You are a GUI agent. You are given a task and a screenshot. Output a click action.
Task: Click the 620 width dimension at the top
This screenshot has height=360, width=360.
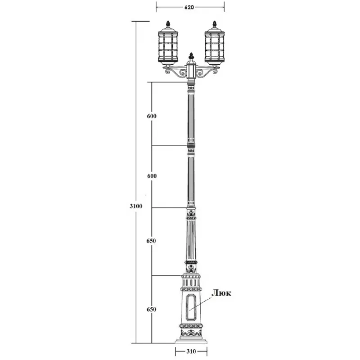coord(189,7)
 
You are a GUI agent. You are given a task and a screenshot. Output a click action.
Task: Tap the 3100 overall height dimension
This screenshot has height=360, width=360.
coord(136,206)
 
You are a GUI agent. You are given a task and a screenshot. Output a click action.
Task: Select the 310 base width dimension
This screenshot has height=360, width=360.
coord(191,351)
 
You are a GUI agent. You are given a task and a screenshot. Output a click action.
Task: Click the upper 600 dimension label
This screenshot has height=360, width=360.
coord(152,116)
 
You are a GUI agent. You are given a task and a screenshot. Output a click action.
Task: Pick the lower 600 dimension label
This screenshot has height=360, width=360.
coord(152,176)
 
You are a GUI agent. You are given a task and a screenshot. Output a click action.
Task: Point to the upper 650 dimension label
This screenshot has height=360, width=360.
coord(151,241)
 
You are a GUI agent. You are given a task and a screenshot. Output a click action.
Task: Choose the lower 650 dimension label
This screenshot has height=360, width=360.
coord(151,309)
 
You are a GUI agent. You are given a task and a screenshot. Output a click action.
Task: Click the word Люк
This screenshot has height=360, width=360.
coord(221,293)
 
